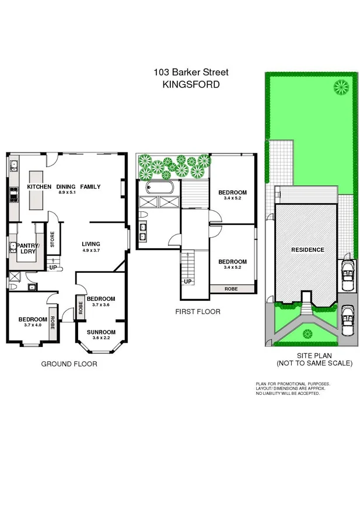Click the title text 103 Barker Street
click(x=191, y=72)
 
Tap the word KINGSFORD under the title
click(x=191, y=84)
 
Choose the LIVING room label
click(x=91, y=244)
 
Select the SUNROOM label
click(x=102, y=332)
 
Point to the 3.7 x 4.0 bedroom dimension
click(x=32, y=325)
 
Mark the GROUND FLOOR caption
click(x=68, y=364)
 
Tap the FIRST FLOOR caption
click(x=198, y=312)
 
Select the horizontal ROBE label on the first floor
click(x=232, y=288)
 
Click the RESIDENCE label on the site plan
click(x=307, y=249)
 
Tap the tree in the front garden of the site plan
click(x=307, y=333)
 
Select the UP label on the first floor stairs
click(x=188, y=281)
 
